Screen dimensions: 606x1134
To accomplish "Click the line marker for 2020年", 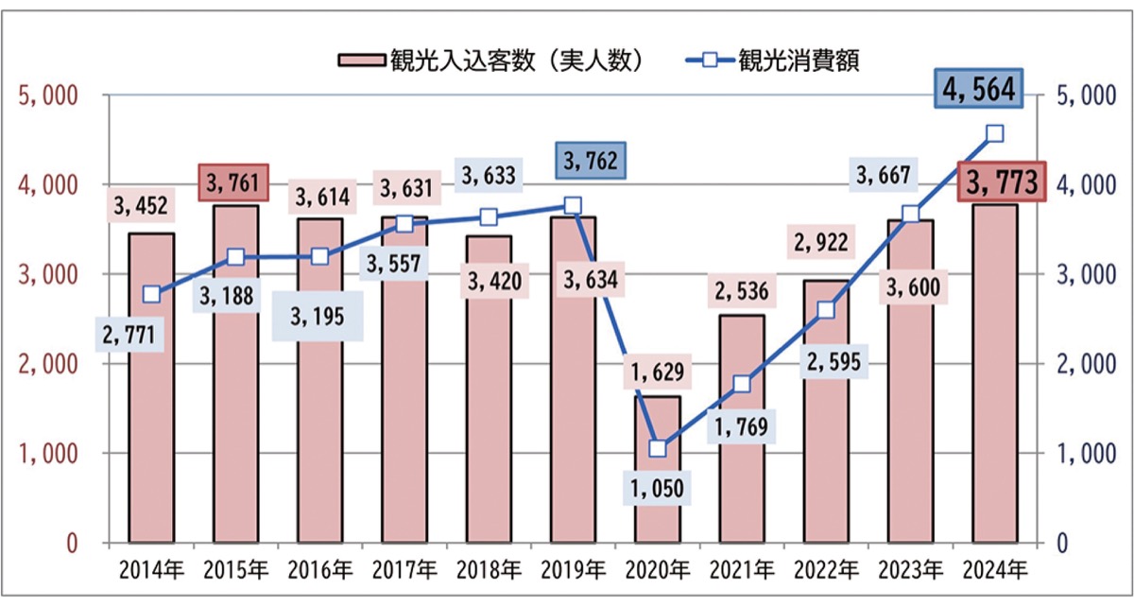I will coord(658,449).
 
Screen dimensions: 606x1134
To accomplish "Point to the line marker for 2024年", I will coord(995,133).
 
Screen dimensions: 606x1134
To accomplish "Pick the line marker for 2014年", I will coord(152,295).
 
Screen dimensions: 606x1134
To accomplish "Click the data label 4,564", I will coord(979,90).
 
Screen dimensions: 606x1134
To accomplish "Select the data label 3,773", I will coord(1001,182).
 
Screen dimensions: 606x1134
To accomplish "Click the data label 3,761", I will coord(232,182).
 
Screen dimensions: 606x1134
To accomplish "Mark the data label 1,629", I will coord(658,371).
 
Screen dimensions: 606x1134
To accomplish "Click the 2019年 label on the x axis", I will coord(573,570).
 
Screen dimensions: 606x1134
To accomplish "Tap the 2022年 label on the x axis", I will coord(826,570).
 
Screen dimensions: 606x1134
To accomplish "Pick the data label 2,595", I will coord(824,364).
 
